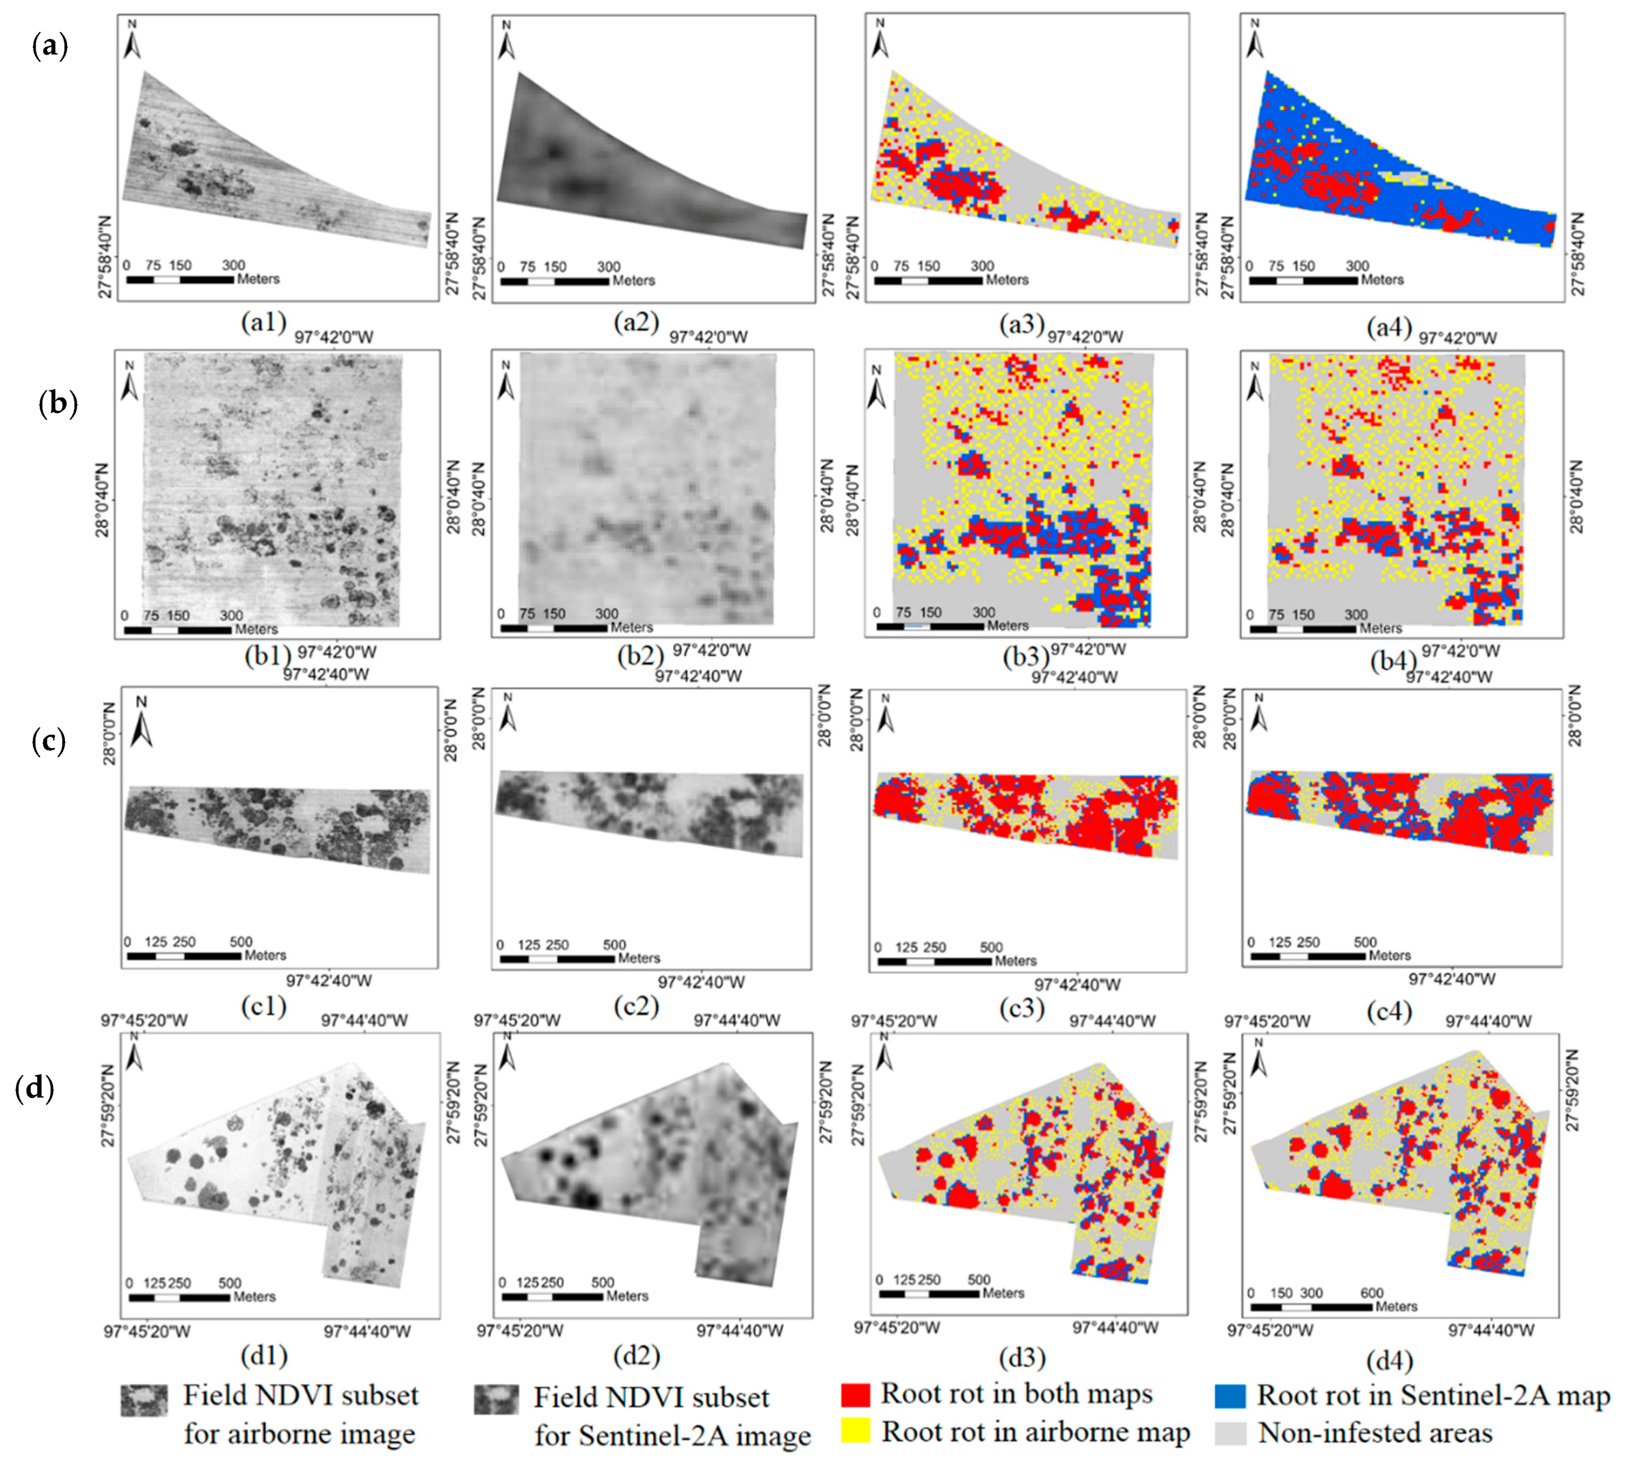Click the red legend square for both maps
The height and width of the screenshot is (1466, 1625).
[855, 1394]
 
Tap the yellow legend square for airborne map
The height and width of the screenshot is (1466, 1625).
[855, 1431]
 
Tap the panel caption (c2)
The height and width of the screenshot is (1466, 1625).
[636, 1005]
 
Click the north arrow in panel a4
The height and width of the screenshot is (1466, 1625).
[1254, 39]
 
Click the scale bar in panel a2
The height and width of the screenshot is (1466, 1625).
[554, 281]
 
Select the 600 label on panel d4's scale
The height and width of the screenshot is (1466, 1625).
[1371, 1293]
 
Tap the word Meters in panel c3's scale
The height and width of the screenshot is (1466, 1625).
[1015, 961]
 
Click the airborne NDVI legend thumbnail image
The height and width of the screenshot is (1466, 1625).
[144, 1401]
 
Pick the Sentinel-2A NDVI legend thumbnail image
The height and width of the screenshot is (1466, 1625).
[496, 1401]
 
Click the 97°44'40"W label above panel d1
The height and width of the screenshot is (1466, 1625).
[364, 1021]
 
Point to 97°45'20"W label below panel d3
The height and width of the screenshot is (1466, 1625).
[897, 1328]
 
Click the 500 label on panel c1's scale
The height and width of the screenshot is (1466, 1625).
[241, 942]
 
